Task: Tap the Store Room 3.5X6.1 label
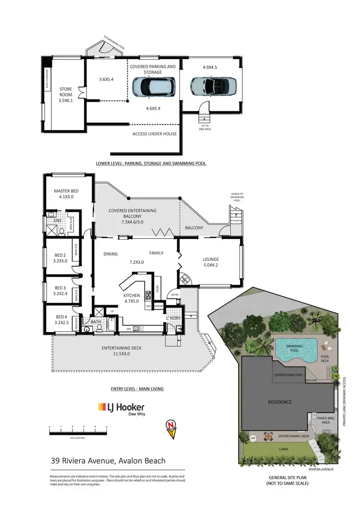pos(65,95)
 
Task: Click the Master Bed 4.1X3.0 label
pos(66,194)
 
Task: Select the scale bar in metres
pos(78,431)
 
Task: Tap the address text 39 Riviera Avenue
pos(108,461)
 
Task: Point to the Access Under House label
pos(155,134)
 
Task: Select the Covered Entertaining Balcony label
pos(132,214)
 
